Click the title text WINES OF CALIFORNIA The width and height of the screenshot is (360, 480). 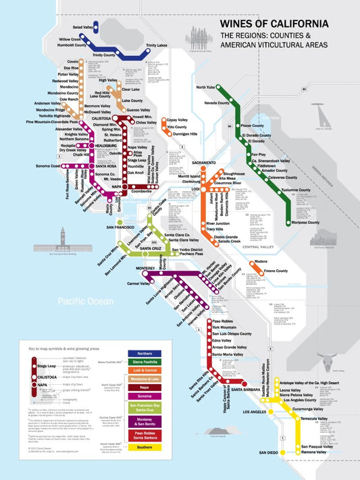[x=274, y=24]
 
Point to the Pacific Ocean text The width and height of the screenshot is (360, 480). [x=85, y=301]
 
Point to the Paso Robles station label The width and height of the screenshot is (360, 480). [x=226, y=320]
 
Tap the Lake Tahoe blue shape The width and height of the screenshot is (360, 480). [x=272, y=120]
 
